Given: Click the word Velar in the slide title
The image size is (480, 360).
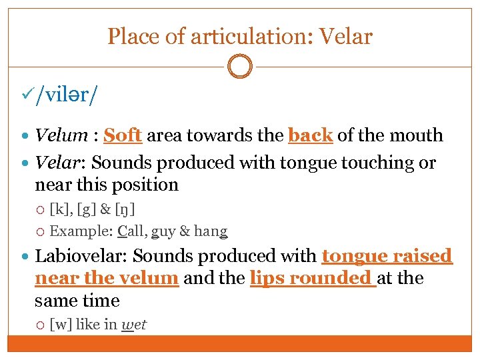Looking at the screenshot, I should pyautogui.click(x=345, y=36).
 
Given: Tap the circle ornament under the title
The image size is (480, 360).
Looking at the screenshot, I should pyautogui.click(x=240, y=67).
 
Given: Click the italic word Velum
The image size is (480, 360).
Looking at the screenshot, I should pyautogui.click(x=61, y=135).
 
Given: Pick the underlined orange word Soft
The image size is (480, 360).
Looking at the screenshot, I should pyautogui.click(x=123, y=135).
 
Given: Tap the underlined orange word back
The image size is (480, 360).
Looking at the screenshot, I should pyautogui.click(x=310, y=135).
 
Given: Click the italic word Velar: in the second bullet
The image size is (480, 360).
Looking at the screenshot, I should pyautogui.click(x=61, y=163).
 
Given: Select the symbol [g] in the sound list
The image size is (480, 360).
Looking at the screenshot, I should pyautogui.click(x=87, y=211).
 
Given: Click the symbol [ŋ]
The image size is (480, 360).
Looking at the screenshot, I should pyautogui.click(x=125, y=211).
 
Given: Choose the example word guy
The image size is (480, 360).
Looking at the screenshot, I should pyautogui.click(x=163, y=232).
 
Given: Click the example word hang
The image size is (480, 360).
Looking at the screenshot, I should pyautogui.click(x=211, y=232).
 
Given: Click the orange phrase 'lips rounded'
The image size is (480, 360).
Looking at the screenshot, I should pyautogui.click(x=312, y=278).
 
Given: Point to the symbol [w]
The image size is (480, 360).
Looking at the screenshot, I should pyautogui.click(x=61, y=325).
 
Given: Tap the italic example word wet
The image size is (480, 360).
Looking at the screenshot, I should pyautogui.click(x=134, y=325).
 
